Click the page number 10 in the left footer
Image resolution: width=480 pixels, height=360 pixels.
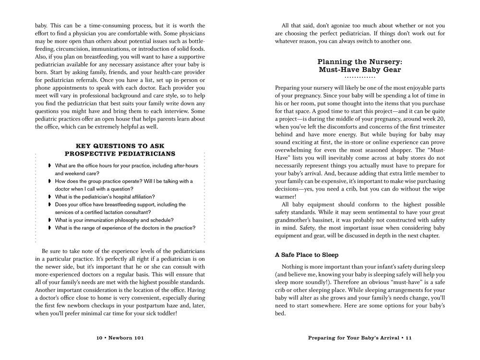click(99, 338)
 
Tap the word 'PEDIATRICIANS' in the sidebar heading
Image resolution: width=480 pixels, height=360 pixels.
click(147, 154)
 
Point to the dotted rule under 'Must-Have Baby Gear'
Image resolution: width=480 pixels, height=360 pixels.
click(360, 77)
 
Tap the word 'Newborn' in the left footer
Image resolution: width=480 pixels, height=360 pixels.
click(120, 338)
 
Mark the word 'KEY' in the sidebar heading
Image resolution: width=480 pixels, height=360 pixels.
click(85, 146)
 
